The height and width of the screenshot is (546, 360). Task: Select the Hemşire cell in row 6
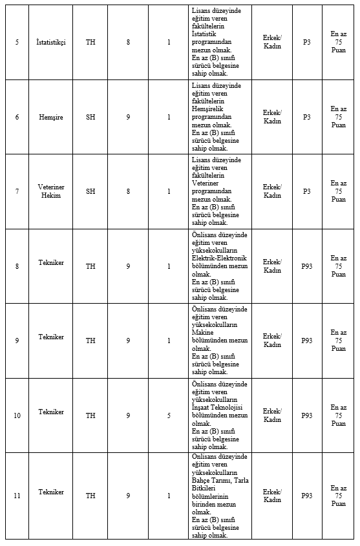(x=51, y=117)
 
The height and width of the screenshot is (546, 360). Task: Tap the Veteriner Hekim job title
(x=51, y=191)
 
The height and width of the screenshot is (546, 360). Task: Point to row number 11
(x=17, y=496)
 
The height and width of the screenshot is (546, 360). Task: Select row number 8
(x=17, y=266)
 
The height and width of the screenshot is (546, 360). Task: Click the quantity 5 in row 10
(x=169, y=415)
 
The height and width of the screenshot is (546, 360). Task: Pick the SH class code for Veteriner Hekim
(x=90, y=191)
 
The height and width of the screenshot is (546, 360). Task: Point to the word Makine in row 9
(x=202, y=333)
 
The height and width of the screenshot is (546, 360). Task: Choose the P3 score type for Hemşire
(x=306, y=117)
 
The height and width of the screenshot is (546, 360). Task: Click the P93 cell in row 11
(x=306, y=496)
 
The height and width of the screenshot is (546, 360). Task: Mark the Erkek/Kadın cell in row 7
(x=272, y=191)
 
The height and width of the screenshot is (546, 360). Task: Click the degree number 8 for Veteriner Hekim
(x=128, y=191)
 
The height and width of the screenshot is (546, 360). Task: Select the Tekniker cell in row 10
(x=51, y=412)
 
